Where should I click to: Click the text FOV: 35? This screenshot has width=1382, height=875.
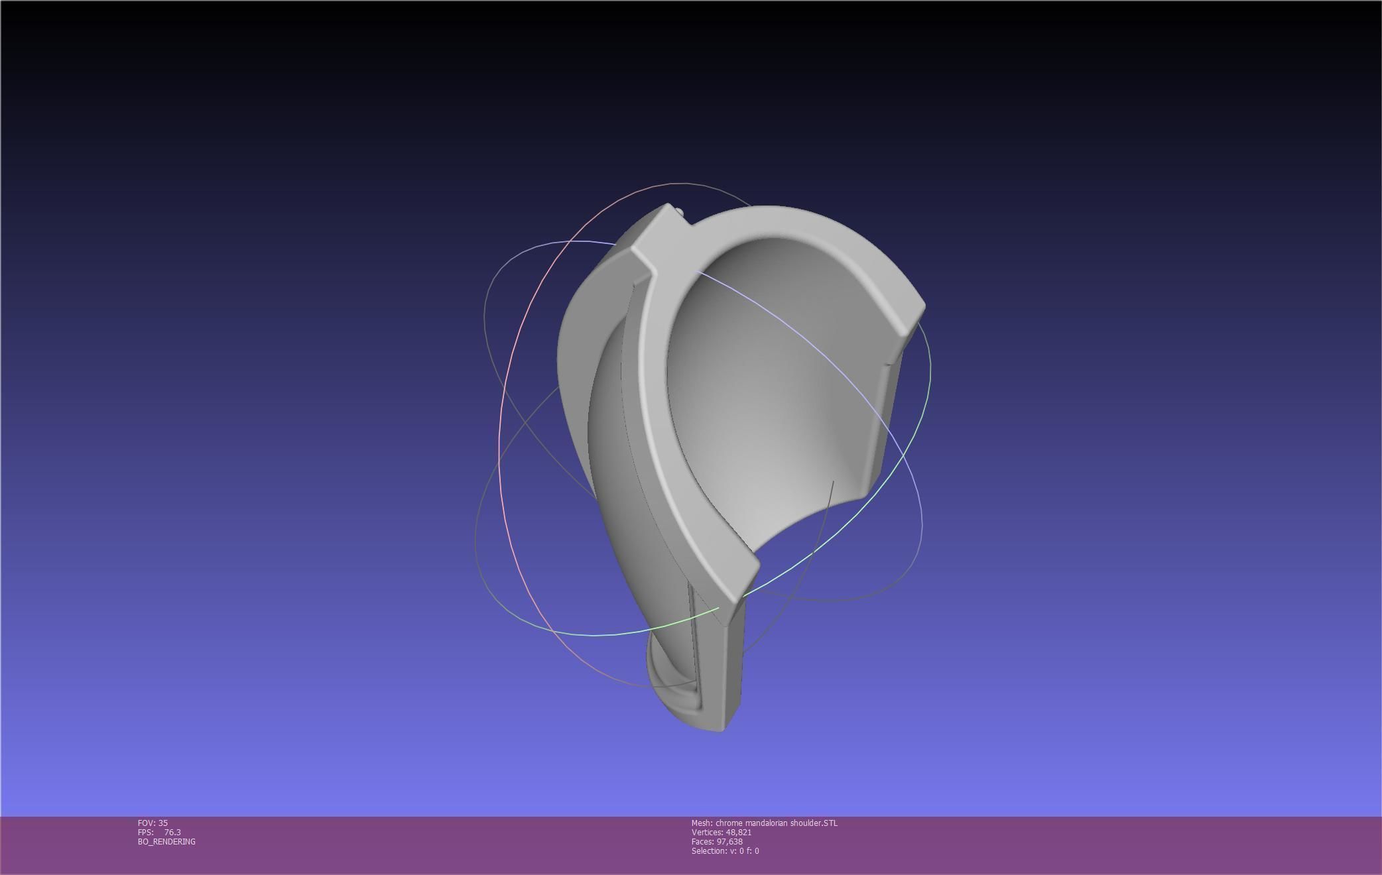tap(153, 823)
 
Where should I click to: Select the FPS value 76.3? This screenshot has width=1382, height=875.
tap(172, 832)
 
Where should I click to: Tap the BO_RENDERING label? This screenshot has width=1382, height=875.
tap(166, 841)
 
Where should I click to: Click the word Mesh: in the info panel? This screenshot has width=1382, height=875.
tap(702, 823)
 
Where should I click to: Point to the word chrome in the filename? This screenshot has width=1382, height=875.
tap(728, 823)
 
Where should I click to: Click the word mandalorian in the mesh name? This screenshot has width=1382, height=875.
tap(765, 823)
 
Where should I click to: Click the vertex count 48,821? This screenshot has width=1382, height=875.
tap(739, 832)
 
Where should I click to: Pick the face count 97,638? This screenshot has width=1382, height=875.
tap(729, 841)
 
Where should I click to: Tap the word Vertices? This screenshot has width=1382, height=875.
tap(707, 832)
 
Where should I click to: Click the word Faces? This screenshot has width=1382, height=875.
tap(702, 841)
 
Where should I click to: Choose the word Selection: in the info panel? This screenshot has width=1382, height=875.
tap(709, 850)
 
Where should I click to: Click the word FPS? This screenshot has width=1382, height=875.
tap(145, 832)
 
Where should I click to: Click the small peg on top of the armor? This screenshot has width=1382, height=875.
tap(680, 211)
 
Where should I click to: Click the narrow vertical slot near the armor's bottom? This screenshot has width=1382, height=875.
tap(694, 636)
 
